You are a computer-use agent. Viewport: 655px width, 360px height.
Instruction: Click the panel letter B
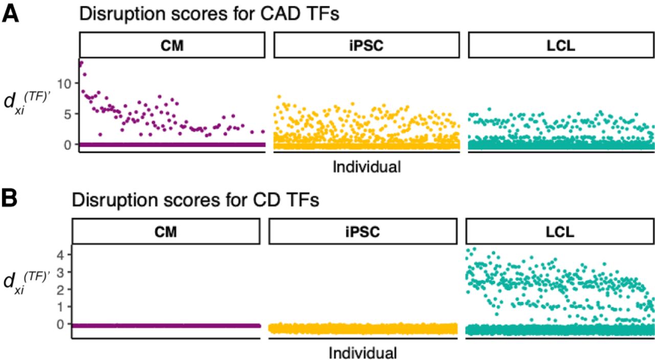10,198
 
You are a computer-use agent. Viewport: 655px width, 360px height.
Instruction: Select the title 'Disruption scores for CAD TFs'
209,14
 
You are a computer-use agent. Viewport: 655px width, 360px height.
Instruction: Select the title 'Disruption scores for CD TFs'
196,200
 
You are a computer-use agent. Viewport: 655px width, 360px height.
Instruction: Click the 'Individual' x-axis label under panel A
366,167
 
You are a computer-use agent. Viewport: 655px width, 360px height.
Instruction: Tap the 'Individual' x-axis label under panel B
362,353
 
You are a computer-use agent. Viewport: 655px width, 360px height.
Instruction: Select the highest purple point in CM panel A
81,63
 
